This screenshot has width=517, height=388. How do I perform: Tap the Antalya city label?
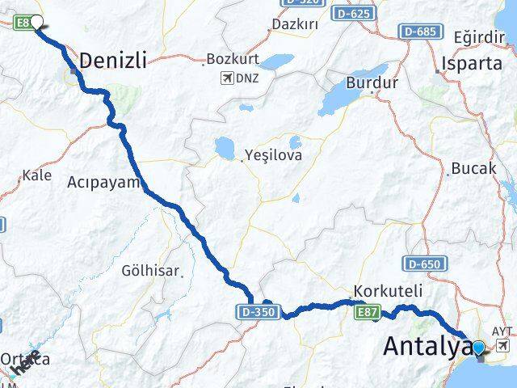pyautogui.click(x=427, y=346)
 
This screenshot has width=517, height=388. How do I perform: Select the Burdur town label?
pyautogui.click(x=372, y=82)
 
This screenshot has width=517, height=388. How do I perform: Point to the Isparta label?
pyautogui.click(x=467, y=63)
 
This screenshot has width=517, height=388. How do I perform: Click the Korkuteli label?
pyautogui.click(x=389, y=291)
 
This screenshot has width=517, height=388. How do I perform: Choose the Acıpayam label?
pyautogui.click(x=105, y=182)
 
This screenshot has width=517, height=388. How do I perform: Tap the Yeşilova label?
pyautogui.click(x=275, y=155)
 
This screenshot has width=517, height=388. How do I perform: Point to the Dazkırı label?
pyautogui.click(x=295, y=24)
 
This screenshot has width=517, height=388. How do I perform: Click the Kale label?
pyautogui.click(x=37, y=175)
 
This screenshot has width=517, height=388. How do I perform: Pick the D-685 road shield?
pyautogui.click(x=420, y=31)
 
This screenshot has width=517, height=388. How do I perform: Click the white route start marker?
pyautogui.click(x=36, y=23)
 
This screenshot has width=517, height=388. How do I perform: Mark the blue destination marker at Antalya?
pyautogui.click(x=478, y=348)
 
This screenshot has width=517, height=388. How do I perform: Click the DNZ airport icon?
pyautogui.click(x=225, y=78)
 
